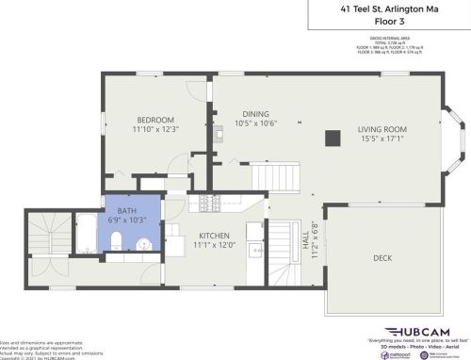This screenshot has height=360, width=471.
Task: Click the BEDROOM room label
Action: pos(155,120)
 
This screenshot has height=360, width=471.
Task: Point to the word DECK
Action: pos(382,257)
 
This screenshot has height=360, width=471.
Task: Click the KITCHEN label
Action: pos(215,236)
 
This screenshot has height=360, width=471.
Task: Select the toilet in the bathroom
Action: pos(112,246)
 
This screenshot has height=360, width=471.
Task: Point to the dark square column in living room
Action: pos(332,139)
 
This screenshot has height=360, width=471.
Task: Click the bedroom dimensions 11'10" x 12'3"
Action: pos(155,130)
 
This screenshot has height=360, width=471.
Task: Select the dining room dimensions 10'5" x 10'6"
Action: pos(255,123)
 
